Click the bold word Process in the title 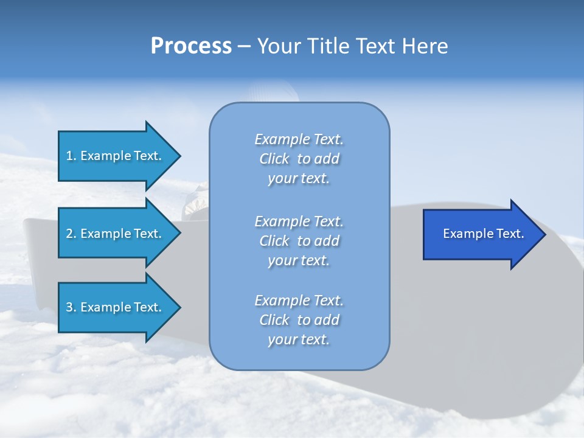point(191,46)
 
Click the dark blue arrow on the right point(481,234)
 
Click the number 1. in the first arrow point(71,156)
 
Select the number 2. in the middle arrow point(71,234)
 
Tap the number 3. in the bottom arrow point(71,307)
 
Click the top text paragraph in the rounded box point(299,159)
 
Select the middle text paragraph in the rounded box point(299,241)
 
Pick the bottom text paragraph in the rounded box point(299,320)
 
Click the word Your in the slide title point(279,46)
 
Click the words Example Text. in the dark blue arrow point(483,234)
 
